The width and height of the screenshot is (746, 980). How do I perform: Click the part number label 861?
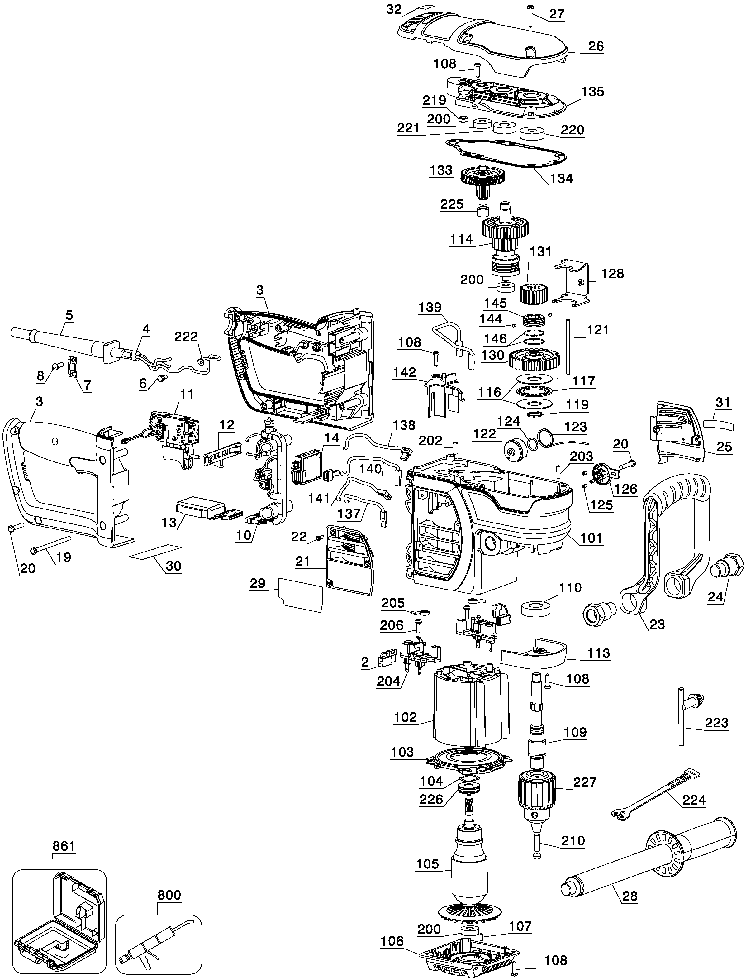tap(64, 846)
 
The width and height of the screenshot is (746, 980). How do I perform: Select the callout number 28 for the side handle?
tap(630, 896)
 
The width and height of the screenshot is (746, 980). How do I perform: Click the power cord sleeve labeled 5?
tap(62, 342)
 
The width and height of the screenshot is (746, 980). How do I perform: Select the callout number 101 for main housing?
tap(592, 538)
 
